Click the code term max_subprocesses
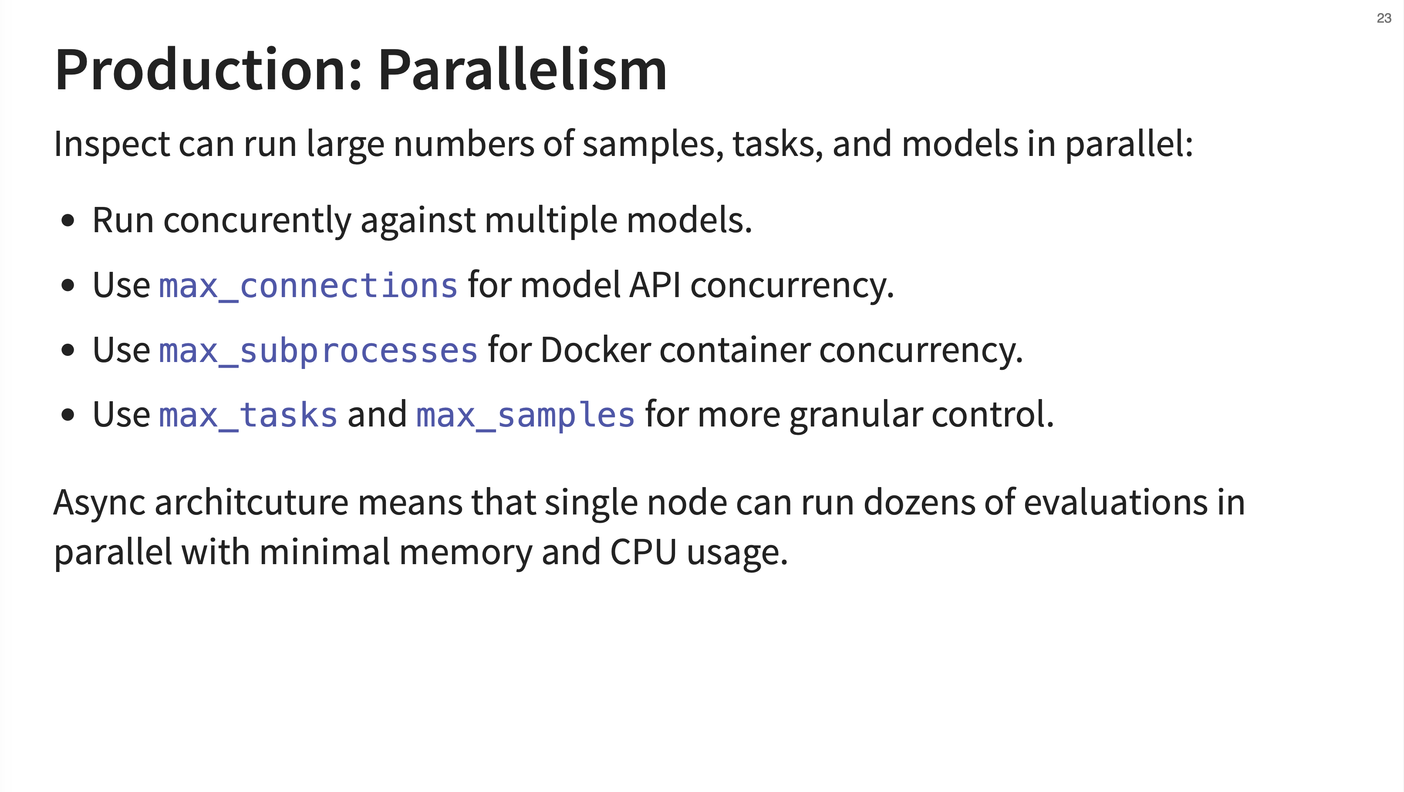pyautogui.click(x=318, y=350)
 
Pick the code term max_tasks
pyautogui.click(x=248, y=415)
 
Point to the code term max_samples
pyautogui.click(x=525, y=415)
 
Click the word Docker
pyautogui.click(x=596, y=349)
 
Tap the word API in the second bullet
pyautogui.click(x=655, y=285)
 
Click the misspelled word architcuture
pyautogui.click(x=251, y=502)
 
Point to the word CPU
pyautogui.click(x=643, y=552)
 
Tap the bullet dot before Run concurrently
pyautogui.click(x=67, y=221)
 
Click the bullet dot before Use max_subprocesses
pyautogui.click(x=67, y=351)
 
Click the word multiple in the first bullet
pyautogui.click(x=551, y=221)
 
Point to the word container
pyautogui.click(x=735, y=350)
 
